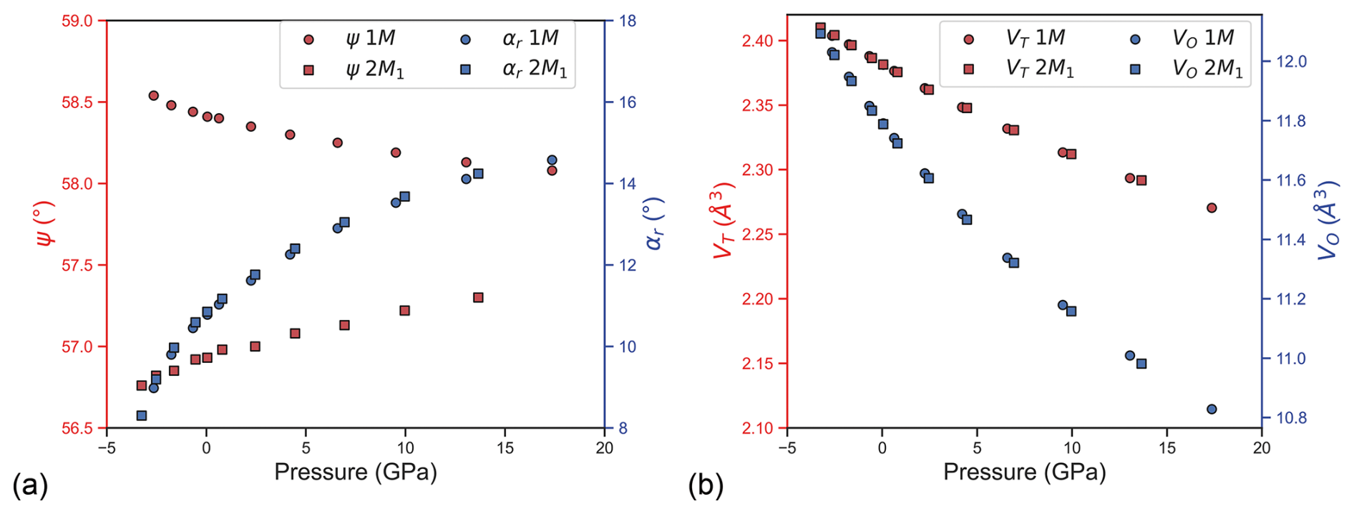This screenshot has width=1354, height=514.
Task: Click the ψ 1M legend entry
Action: point(351,39)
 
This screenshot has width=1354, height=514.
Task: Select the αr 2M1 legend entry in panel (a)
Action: point(515,69)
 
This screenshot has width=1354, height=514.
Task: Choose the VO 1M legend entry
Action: point(1184,39)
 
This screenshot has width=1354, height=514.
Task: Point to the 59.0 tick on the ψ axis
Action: point(77,21)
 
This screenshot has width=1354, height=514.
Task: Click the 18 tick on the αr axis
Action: point(628,21)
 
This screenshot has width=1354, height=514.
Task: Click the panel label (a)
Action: point(30,486)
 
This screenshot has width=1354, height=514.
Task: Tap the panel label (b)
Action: point(706,486)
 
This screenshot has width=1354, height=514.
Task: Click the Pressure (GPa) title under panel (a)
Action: point(356,472)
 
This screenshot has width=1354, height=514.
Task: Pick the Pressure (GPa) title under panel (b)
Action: point(1024,472)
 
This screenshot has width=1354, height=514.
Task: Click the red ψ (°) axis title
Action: point(44,224)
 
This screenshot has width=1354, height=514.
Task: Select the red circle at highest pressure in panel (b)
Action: point(1212,208)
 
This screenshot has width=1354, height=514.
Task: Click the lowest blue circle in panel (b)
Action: point(1212,409)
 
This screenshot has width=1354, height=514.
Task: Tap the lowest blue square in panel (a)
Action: point(142,416)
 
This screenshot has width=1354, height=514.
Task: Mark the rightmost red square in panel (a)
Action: point(479,298)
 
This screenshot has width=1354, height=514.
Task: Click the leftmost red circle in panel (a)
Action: point(153,95)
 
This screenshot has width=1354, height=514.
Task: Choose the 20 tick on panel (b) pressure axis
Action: point(1261,448)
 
